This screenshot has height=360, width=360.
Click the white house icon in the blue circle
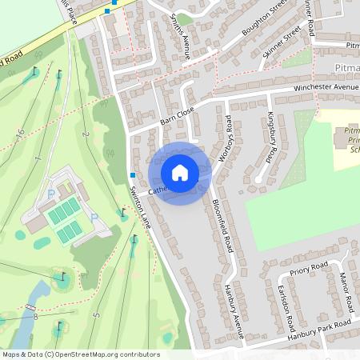click(180, 173)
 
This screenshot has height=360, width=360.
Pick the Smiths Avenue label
click(182, 37)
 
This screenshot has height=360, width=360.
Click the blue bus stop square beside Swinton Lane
click(132, 175)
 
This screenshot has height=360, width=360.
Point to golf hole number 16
click(20, 130)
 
